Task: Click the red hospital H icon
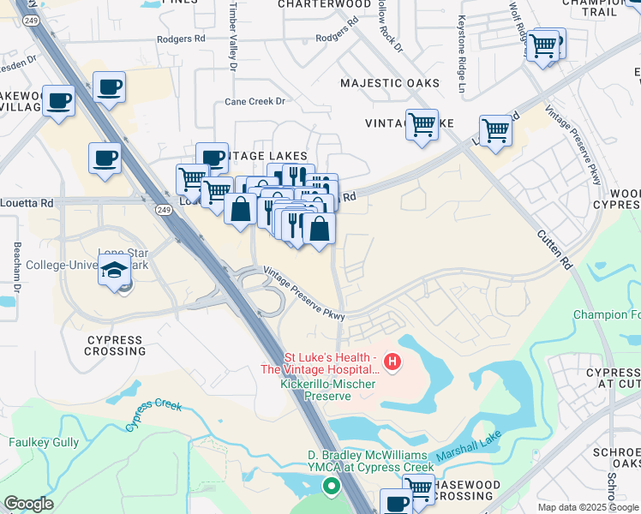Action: [392, 362]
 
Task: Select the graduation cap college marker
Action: [114, 271]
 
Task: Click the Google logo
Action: [28, 504]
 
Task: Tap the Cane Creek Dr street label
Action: [255, 101]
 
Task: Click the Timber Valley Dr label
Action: [231, 34]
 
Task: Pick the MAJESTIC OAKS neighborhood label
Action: [390, 83]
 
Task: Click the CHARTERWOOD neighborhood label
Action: [324, 4]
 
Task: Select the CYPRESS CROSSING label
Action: [115, 346]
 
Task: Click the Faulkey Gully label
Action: [44, 443]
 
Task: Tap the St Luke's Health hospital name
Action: [320, 362]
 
